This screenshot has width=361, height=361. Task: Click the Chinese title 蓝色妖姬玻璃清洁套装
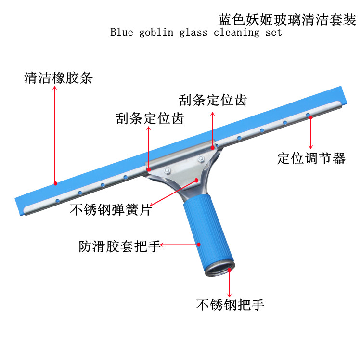coord(287,20)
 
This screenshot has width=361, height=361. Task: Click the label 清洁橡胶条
coord(58,78)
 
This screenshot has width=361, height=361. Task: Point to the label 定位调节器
coord(311,158)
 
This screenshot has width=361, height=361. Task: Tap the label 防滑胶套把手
coord(119,246)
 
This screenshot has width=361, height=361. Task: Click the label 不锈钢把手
coord(230,304)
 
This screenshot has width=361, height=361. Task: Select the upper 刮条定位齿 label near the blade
coord(213,100)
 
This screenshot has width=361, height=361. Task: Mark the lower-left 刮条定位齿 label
coord(150,118)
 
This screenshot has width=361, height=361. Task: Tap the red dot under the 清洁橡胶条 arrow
coord(56,183)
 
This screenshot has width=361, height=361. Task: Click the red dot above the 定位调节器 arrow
coord(311,117)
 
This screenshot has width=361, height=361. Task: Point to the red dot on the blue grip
coord(198,245)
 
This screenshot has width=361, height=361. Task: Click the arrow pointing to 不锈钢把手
coord(230,284)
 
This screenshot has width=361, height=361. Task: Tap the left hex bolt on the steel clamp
coord(168,169)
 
